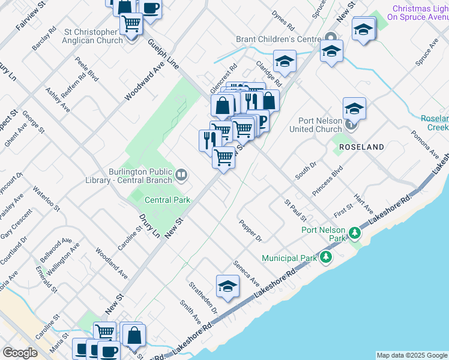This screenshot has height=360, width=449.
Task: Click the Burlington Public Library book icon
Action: [181, 175]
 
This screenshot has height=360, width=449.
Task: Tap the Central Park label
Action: [167, 200]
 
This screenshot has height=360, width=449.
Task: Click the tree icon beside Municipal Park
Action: [326, 257]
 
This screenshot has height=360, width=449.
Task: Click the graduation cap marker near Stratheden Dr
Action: [228, 287]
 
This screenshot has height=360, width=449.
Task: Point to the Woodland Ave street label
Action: [111, 262]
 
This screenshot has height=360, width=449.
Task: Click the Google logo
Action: [20, 353]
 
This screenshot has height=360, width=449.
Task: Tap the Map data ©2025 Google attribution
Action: [412, 355]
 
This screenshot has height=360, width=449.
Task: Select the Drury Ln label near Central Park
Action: [149, 226]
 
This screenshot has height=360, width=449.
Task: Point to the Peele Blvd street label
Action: [86, 70]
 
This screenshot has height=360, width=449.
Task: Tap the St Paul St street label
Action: [295, 210]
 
